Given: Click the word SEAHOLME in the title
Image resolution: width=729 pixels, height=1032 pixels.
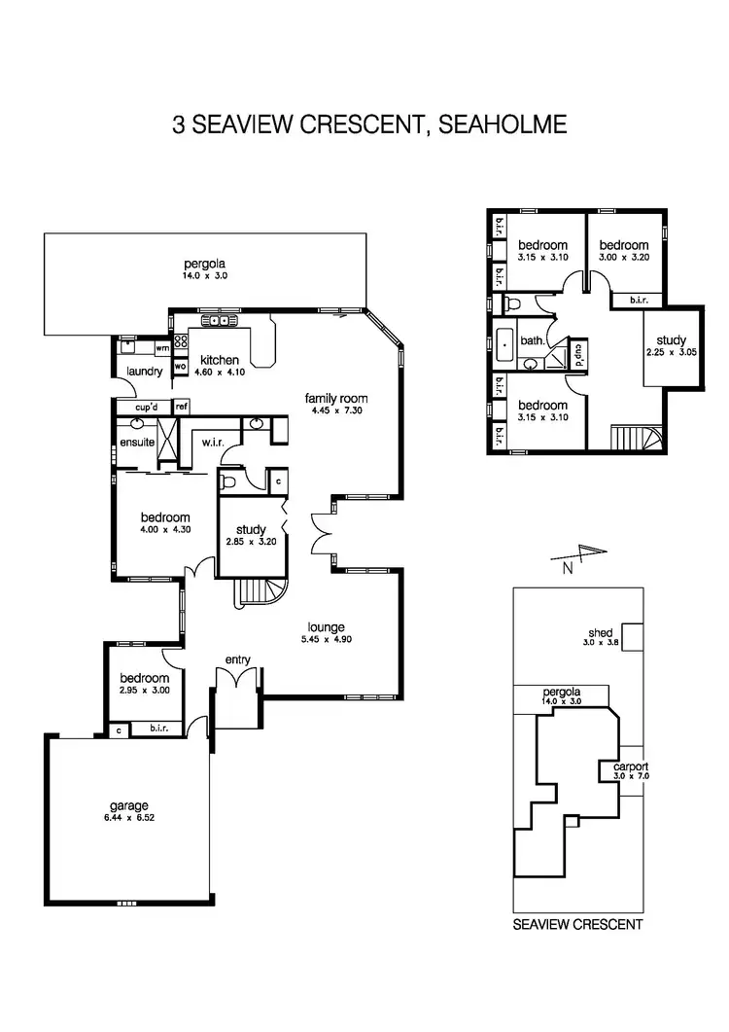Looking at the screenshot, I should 503,125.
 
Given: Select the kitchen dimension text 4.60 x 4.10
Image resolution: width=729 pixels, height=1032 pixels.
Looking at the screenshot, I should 219,373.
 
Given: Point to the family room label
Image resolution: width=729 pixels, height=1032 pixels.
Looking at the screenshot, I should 336,399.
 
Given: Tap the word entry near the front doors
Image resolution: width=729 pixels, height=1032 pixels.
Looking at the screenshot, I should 238,660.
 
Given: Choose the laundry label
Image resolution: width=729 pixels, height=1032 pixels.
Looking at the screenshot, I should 143,372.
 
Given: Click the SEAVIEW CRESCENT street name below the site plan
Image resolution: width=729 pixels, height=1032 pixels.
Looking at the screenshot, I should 577,925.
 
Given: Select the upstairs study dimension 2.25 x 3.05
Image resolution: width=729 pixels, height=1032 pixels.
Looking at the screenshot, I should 670,352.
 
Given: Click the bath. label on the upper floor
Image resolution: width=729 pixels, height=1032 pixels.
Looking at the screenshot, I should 533,341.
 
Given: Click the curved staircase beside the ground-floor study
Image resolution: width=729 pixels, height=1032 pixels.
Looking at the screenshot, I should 263,592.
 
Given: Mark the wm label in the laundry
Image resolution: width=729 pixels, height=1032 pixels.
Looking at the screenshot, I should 160,347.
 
